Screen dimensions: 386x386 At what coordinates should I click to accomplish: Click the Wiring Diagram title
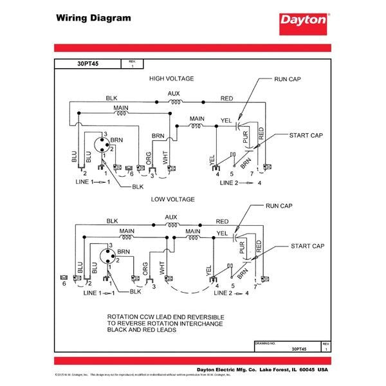click(93, 17)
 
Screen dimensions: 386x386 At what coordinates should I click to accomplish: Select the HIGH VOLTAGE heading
click(172, 78)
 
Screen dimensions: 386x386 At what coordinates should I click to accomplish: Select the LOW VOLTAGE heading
click(172, 199)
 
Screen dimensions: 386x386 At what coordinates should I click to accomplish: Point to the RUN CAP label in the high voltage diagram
click(288, 79)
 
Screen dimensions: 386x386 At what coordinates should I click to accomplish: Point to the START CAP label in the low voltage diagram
click(306, 246)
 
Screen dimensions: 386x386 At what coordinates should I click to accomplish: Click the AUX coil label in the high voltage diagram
click(174, 93)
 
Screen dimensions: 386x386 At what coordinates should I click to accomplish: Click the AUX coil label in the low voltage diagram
click(171, 217)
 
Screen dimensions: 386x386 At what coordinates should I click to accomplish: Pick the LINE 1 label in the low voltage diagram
click(93, 293)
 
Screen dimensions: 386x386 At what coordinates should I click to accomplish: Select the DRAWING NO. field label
click(266, 344)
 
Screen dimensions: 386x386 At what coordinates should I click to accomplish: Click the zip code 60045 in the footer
click(303, 371)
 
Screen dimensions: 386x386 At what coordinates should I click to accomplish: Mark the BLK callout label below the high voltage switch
click(137, 187)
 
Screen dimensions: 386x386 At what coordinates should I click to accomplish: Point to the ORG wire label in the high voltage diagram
click(149, 159)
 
